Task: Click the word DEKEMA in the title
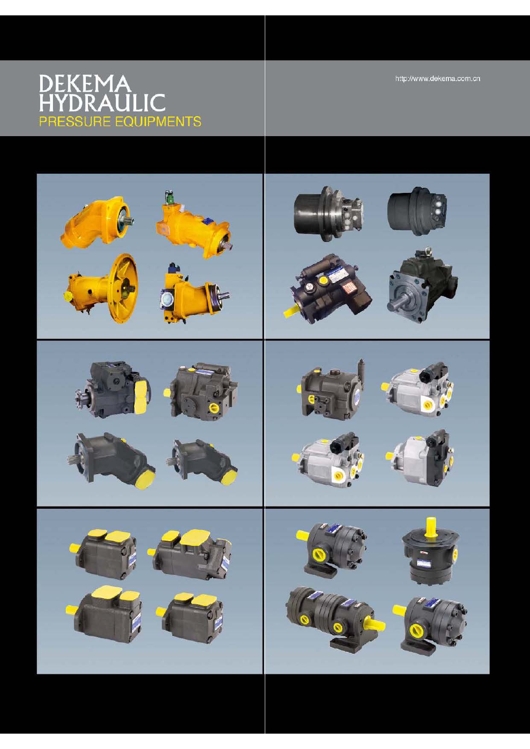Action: pos(85,84)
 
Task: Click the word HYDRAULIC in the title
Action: pos(102,103)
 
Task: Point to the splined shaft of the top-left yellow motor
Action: pos(128,222)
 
